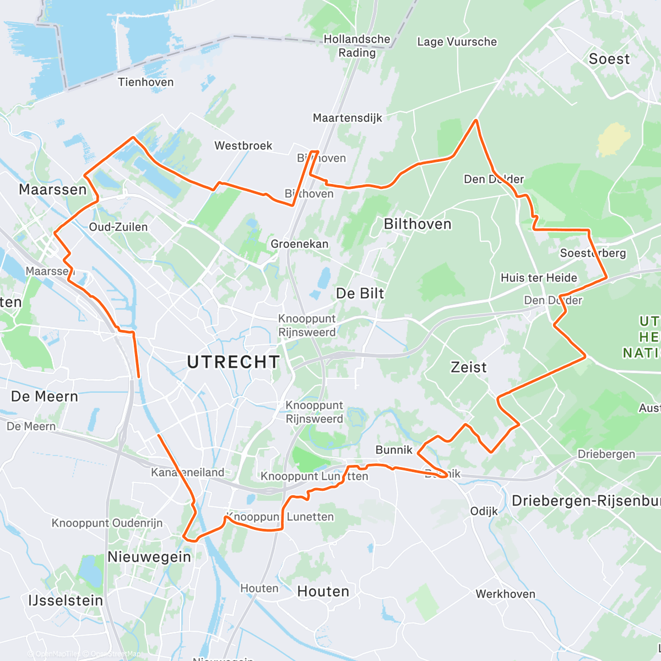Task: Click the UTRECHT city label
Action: (233, 362)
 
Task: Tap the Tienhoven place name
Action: (145, 82)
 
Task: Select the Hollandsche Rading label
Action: (357, 46)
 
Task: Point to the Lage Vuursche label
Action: (457, 42)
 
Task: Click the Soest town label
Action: (609, 59)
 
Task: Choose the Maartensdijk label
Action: (347, 118)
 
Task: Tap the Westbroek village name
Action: (243, 145)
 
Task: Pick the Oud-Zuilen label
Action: (118, 227)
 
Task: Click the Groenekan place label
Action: (299, 243)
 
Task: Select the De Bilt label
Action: (360, 294)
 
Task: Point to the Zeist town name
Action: (469, 367)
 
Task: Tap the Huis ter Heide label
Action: (538, 278)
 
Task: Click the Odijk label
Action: (484, 511)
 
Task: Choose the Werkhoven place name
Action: (505, 594)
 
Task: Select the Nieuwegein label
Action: (149, 556)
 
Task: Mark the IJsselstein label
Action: (66, 600)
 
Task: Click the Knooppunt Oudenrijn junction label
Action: (107, 523)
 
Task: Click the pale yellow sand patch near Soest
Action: (611, 139)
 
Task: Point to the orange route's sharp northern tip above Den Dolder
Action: (476, 120)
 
